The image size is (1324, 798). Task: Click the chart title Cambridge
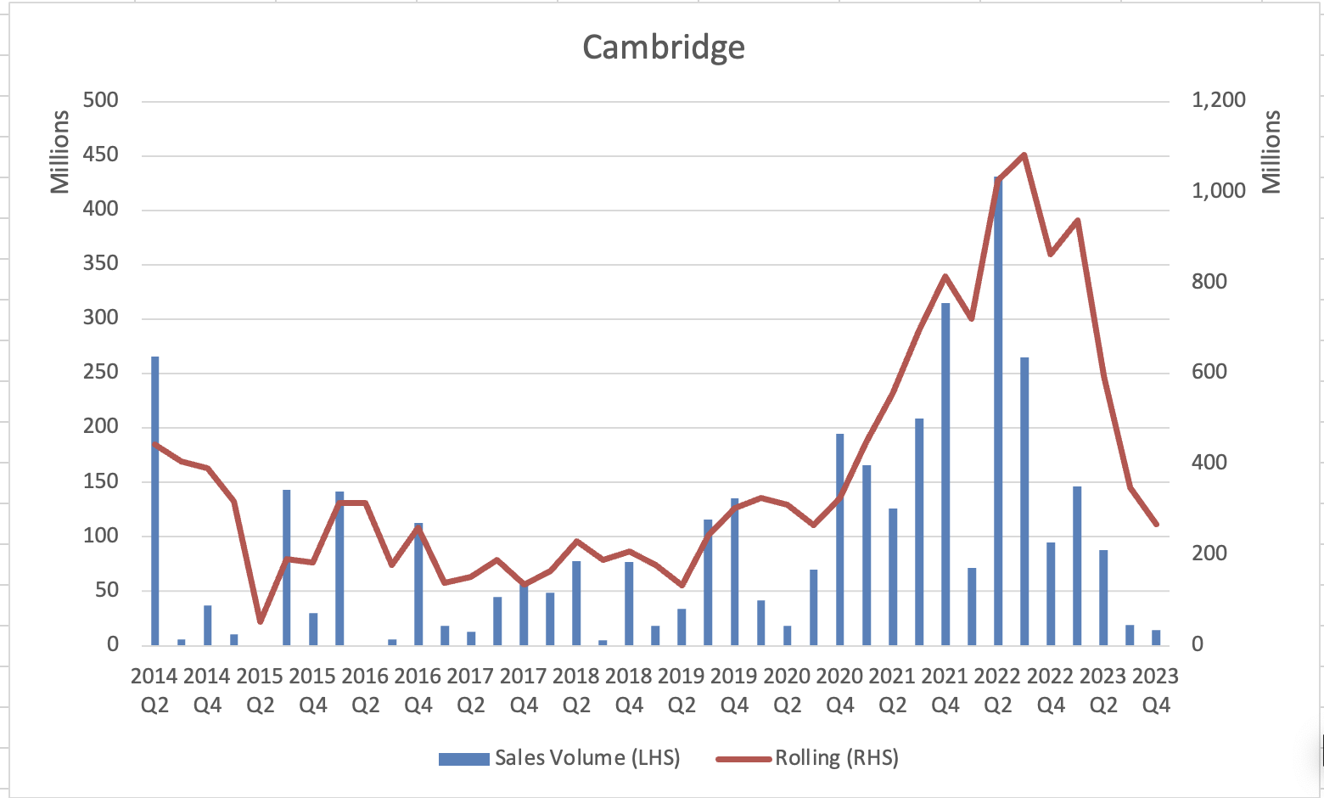[x=664, y=47]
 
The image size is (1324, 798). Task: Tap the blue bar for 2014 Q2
[x=155, y=501]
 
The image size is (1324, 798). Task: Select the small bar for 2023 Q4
[x=1156, y=638]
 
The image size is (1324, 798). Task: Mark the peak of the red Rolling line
[x=1024, y=155]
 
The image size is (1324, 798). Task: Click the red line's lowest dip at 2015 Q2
[x=261, y=622]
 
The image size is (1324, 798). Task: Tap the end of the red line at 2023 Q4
[x=1156, y=525]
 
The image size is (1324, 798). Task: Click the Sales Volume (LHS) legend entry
[x=560, y=758]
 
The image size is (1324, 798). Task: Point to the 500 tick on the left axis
[x=101, y=100]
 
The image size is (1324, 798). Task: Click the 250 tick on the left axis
[x=101, y=373]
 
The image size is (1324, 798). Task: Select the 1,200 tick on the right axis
[x=1219, y=100]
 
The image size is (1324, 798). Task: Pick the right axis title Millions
[x=1271, y=152]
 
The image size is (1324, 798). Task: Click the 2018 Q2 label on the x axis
[x=576, y=690]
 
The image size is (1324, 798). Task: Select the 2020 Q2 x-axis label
[x=787, y=690]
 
